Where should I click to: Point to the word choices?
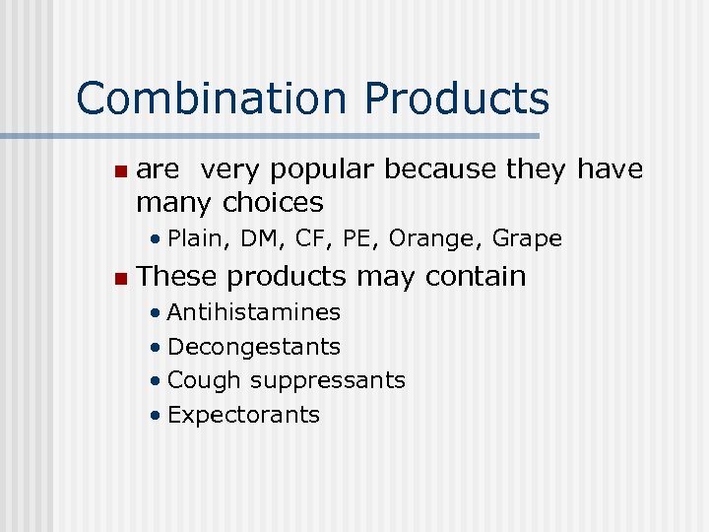click(x=273, y=203)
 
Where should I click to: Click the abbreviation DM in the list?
click(x=259, y=238)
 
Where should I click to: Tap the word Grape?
click(x=527, y=238)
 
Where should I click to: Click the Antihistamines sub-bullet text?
click(x=254, y=313)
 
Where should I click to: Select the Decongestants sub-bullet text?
click(x=254, y=347)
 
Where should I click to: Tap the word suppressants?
click(x=327, y=380)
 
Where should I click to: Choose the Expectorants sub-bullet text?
click(x=243, y=415)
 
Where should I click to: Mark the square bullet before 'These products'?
click(x=119, y=278)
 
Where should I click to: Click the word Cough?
click(x=205, y=380)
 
